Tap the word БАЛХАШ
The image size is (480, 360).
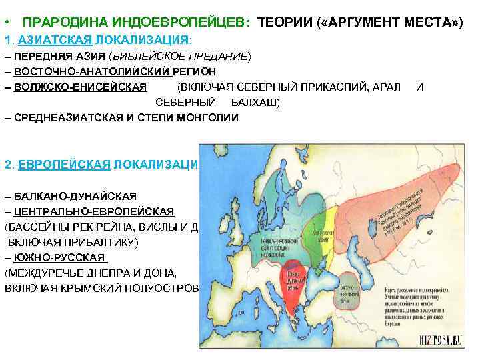point(255,102)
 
